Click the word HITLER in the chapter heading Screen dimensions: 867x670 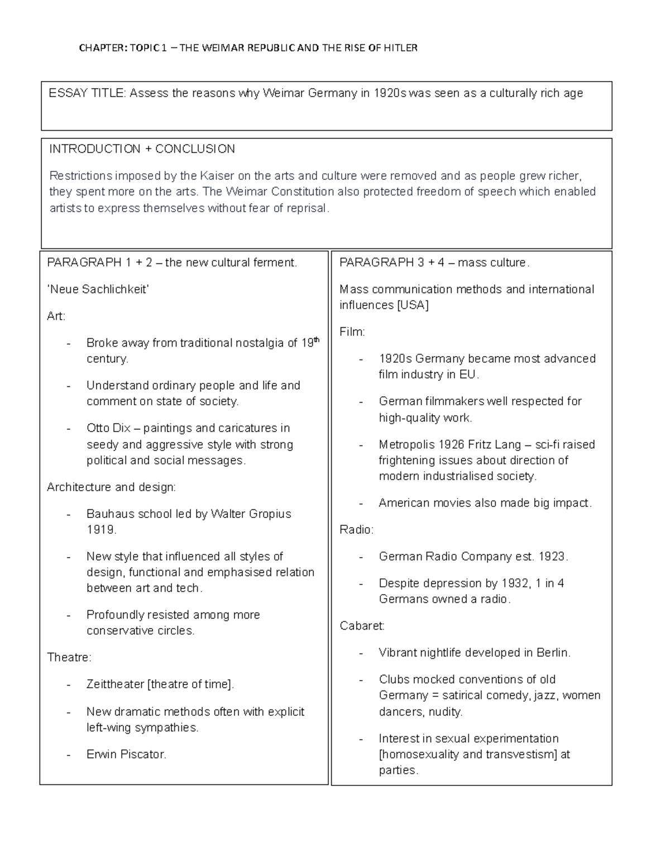click(x=400, y=48)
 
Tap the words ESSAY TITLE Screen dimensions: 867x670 click(x=87, y=93)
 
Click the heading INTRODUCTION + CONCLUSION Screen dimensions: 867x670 click(x=142, y=149)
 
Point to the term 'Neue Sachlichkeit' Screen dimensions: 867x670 click(x=98, y=289)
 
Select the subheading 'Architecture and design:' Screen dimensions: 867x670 click(x=111, y=487)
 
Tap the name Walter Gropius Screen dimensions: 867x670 click(x=251, y=514)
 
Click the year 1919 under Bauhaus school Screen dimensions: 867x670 click(x=100, y=530)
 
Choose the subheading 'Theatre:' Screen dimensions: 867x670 click(x=69, y=658)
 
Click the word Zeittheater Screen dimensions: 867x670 click(x=115, y=684)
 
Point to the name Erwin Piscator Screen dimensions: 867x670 click(x=126, y=755)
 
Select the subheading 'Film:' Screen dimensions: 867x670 click(x=352, y=332)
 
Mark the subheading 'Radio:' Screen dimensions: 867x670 click(x=356, y=530)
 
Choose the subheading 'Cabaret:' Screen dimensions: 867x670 click(x=362, y=626)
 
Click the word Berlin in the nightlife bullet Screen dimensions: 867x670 click(x=553, y=653)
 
